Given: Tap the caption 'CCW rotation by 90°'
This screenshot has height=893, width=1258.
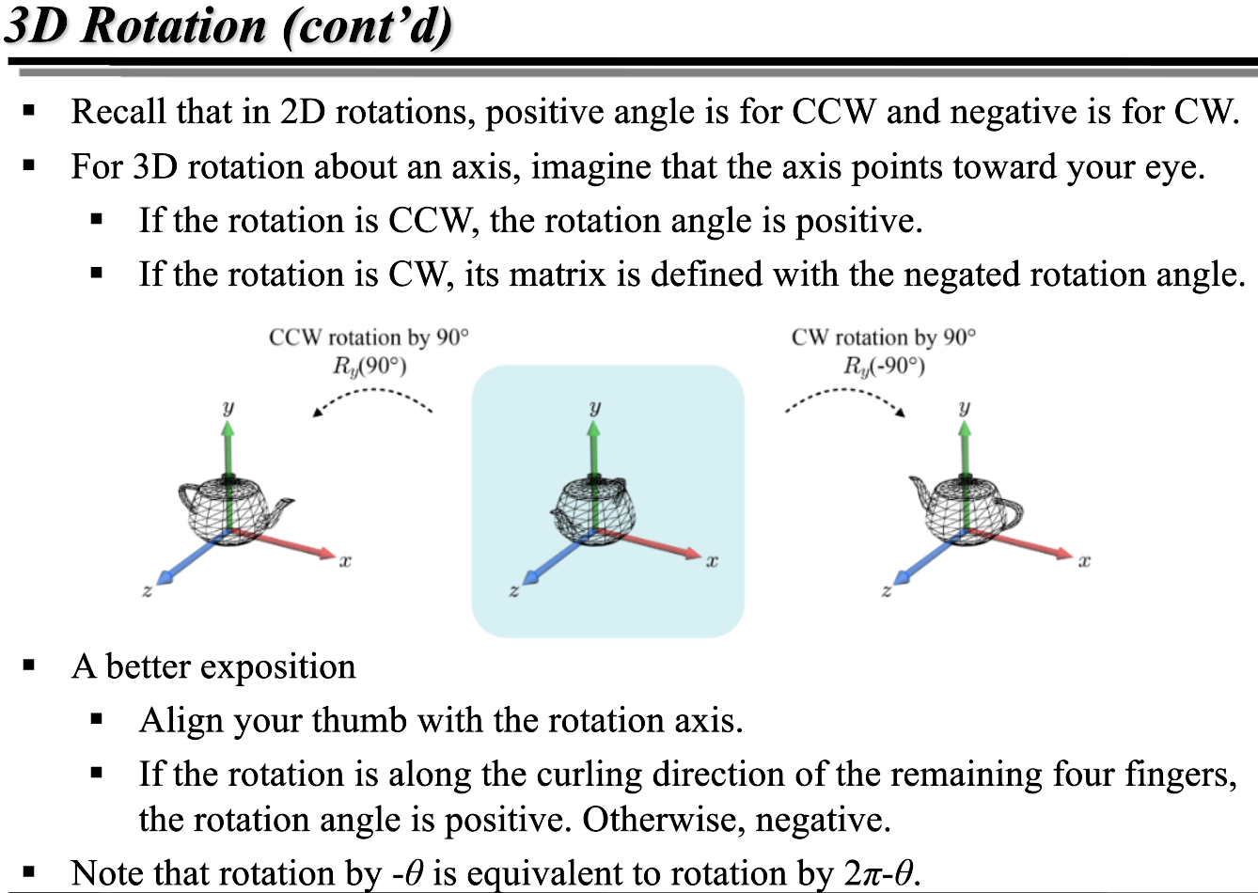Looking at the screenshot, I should (369, 337).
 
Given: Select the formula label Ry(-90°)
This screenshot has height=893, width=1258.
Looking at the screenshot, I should (884, 365).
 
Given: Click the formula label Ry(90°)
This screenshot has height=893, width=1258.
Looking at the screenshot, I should (369, 365).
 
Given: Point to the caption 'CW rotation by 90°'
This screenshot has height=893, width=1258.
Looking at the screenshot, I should (884, 337).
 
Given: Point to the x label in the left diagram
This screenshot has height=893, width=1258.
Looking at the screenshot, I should (345, 561).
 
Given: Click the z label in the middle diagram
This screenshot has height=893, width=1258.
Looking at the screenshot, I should (513, 591).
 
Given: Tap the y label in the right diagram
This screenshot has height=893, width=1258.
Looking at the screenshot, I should (964, 407).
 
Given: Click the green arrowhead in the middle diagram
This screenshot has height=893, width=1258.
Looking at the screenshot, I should (594, 428).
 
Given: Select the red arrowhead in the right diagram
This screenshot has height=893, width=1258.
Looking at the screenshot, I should (1064, 555).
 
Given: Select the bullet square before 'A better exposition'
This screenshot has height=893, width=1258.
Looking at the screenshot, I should (29, 666).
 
